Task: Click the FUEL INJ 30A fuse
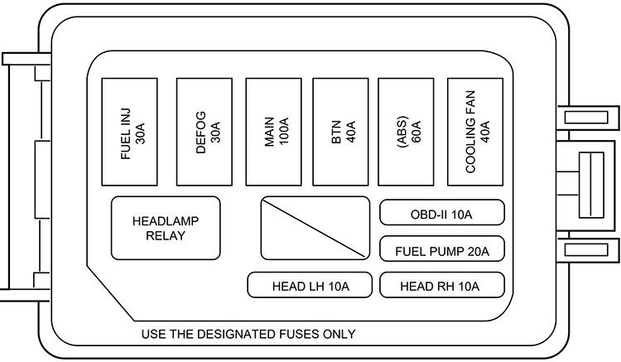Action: pos(131,132)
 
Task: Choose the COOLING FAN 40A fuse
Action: pos(477,132)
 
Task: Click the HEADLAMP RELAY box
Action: pos(166,228)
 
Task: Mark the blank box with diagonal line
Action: pos(315,228)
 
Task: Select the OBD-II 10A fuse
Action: pos(441,214)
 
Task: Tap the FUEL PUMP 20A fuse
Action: pos(441,249)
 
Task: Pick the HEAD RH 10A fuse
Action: pos(441,286)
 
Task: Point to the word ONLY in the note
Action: pos(339,335)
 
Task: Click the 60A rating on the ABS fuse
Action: pos(415,132)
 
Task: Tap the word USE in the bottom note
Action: pos(155,335)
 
